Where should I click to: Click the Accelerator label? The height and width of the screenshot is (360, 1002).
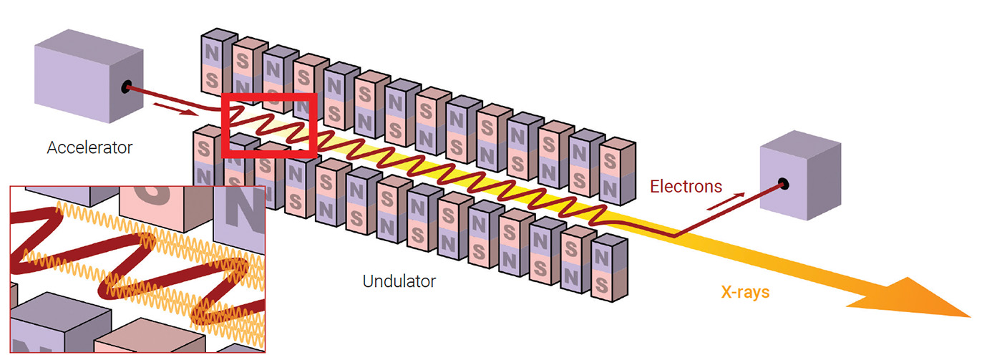[89, 148]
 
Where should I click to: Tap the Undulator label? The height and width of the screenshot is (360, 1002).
[399, 281]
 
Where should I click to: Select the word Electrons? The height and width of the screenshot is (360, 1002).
[686, 187]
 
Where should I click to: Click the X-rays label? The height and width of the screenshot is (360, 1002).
[744, 292]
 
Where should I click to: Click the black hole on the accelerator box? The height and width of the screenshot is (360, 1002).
[127, 87]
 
